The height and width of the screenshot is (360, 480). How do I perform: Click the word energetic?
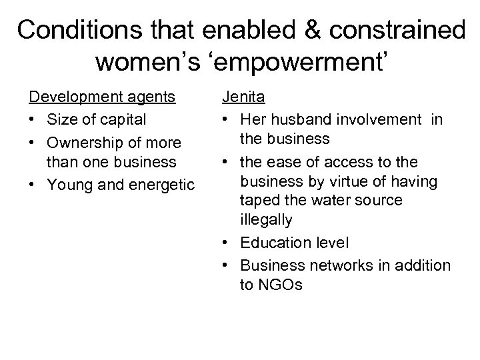point(155,184)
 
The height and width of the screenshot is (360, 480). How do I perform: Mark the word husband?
point(303,120)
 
